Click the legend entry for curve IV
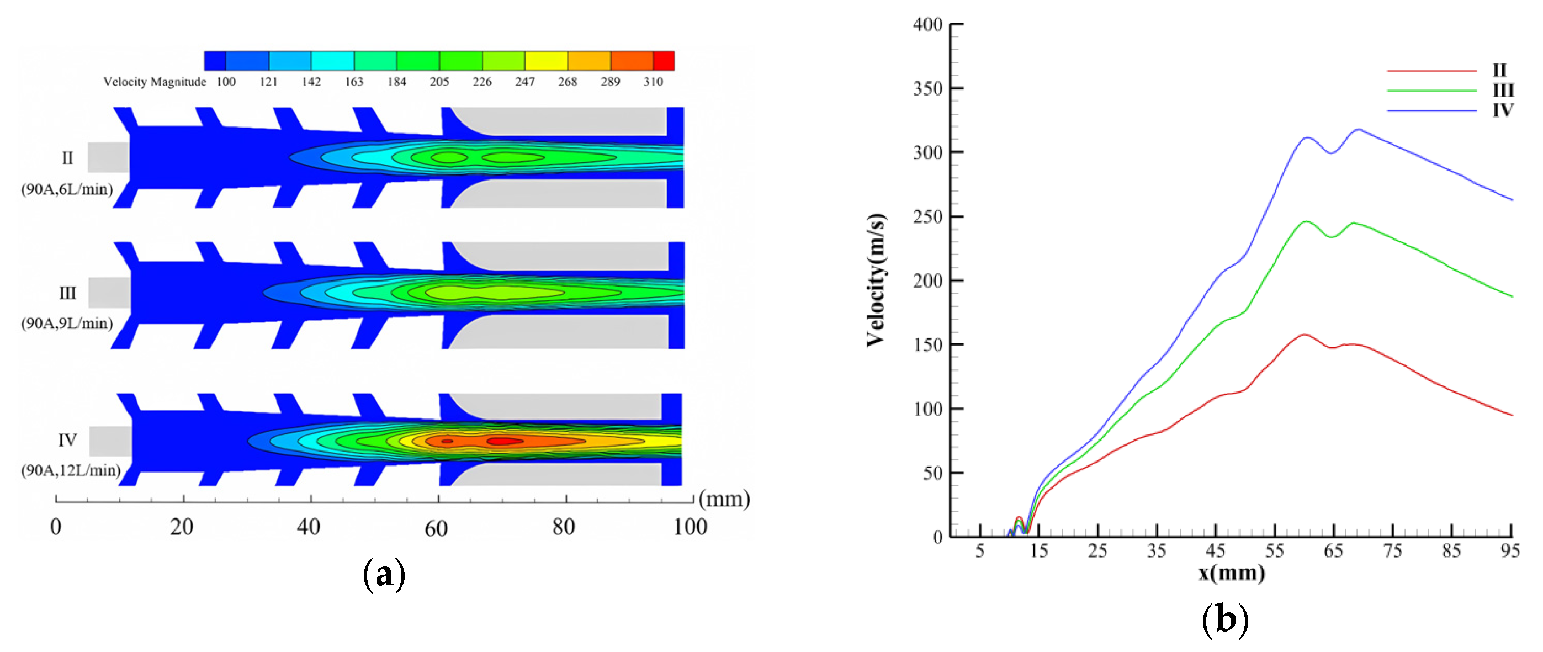point(1502,110)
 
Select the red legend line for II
point(1431,71)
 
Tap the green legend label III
point(1502,91)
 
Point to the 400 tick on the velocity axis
point(928,25)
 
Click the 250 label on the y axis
point(928,216)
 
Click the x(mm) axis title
point(1232,573)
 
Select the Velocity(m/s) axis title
point(876,280)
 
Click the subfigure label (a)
point(384,574)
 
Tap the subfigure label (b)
point(1226,618)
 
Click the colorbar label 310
point(653,82)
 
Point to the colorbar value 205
point(439,82)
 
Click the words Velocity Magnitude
point(155,82)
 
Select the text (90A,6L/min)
point(67,189)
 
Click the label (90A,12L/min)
point(71,470)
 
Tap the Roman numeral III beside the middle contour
point(67,293)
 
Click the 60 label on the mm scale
point(436,528)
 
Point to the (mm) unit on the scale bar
point(724,499)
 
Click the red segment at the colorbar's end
point(664,61)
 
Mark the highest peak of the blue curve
point(1359,129)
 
